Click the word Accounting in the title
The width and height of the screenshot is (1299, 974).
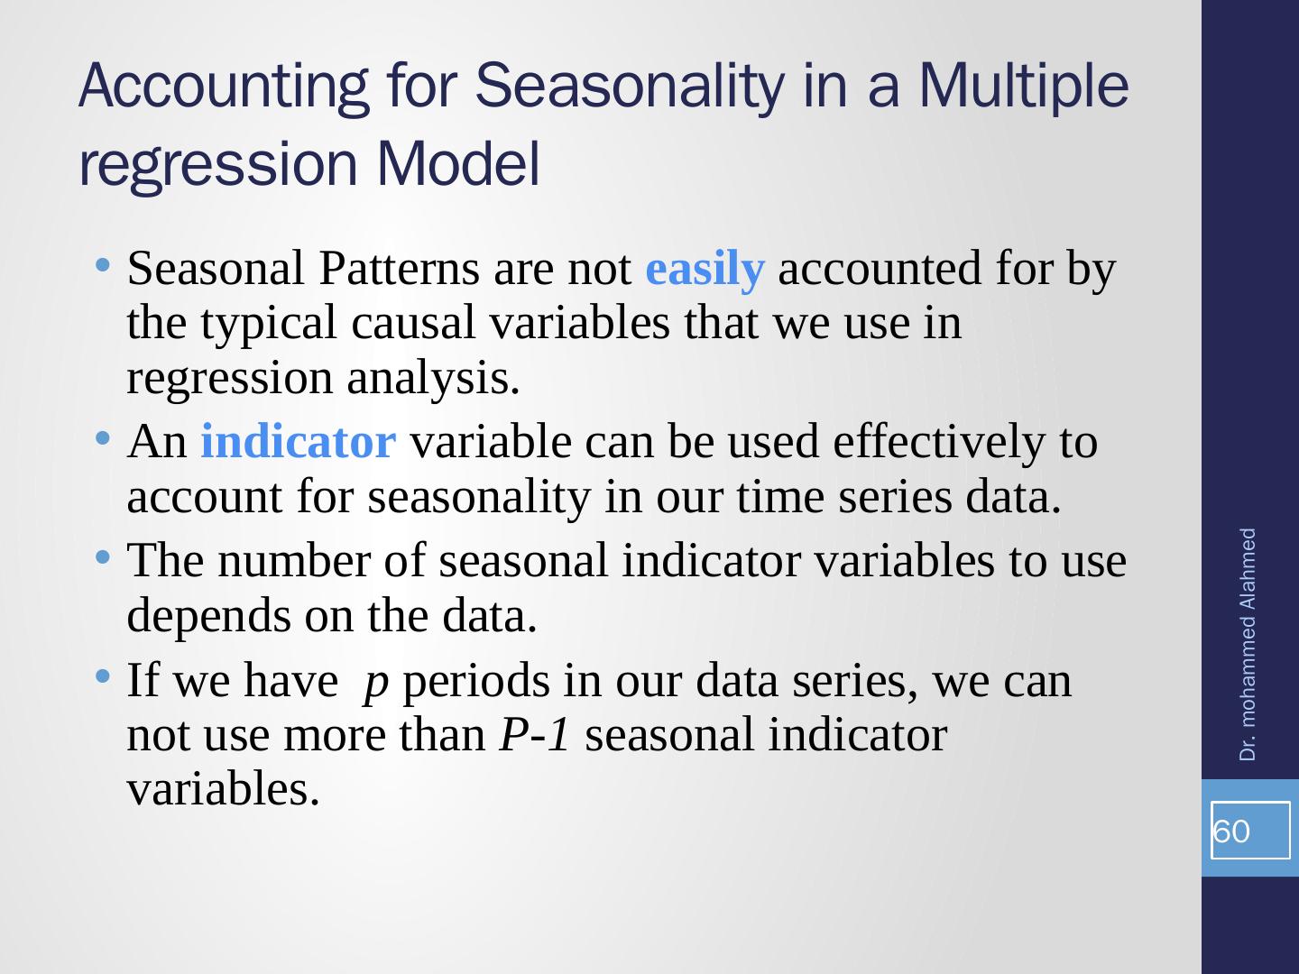click(224, 87)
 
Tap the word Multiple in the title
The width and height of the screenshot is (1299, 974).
click(1024, 87)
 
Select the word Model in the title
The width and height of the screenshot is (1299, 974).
click(458, 163)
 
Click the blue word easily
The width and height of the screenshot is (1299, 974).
click(705, 269)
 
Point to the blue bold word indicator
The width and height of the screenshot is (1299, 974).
click(299, 441)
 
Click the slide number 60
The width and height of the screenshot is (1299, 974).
click(1231, 832)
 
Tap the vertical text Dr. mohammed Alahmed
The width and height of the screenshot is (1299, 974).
click(1247, 645)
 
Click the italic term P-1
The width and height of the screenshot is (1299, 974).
click(535, 734)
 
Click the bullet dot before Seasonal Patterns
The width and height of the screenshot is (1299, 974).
click(102, 264)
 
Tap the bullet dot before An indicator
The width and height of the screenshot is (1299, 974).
click(102, 438)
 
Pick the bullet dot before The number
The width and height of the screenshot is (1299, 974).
click(102, 557)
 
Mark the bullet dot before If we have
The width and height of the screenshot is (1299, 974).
click(102, 676)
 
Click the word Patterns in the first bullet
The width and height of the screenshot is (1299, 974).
click(399, 269)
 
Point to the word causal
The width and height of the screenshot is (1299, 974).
click(414, 323)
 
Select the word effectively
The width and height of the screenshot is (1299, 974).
click(939, 442)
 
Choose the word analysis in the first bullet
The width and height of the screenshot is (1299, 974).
click(433, 379)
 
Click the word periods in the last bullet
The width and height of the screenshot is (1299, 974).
click(476, 683)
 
